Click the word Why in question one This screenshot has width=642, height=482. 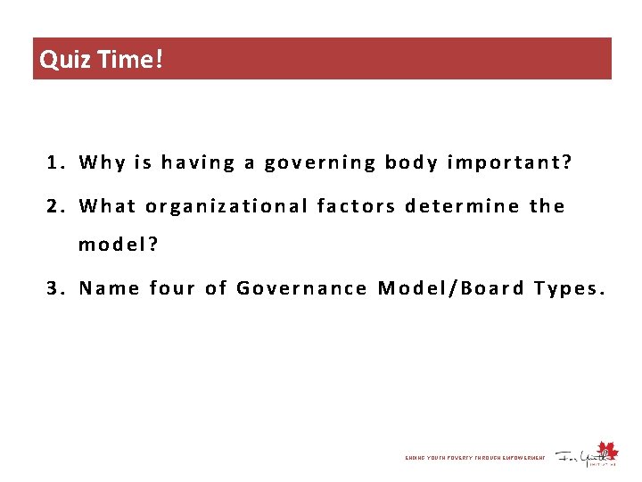point(103,162)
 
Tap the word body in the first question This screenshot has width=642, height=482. point(410,162)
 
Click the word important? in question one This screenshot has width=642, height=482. point(509,163)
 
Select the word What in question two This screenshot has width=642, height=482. point(108,206)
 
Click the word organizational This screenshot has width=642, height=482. point(226,207)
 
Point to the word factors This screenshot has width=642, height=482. point(356,206)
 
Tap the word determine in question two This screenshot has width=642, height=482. point(462,206)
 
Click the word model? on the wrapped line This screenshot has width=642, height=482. point(118,245)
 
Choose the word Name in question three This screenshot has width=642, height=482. point(109,288)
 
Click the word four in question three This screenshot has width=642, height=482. point(172,288)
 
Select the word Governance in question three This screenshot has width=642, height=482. point(301,288)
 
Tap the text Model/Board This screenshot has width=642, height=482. point(450,288)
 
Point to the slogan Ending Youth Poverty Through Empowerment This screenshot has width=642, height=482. point(474,458)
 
